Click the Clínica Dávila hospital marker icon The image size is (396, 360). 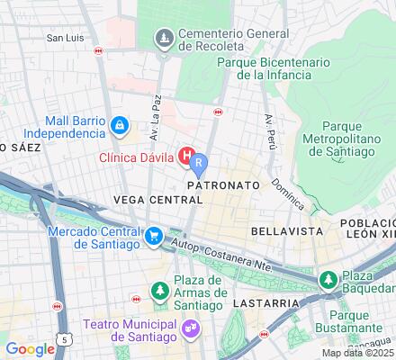click(x=186, y=157)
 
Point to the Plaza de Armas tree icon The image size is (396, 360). click(x=159, y=292)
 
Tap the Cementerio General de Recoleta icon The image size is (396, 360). click(x=163, y=38)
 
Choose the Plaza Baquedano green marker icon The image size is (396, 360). click(x=329, y=280)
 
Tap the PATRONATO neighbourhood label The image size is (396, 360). click(x=223, y=184)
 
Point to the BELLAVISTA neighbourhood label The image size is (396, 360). click(x=286, y=230)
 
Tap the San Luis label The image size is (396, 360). click(x=66, y=38)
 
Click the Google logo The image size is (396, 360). click(x=30, y=348)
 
